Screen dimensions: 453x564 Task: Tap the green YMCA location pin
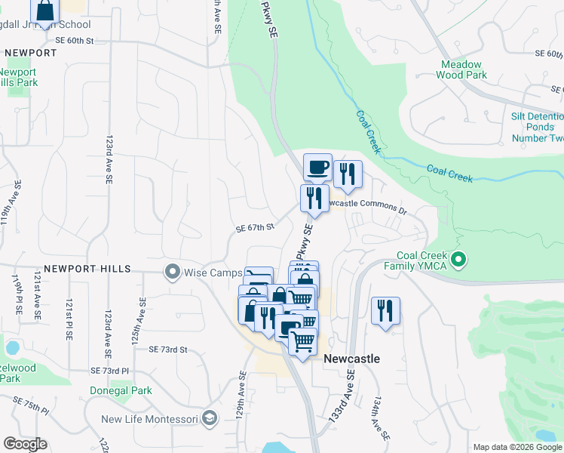(458, 260)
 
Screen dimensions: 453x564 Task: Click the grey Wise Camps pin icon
(173, 271)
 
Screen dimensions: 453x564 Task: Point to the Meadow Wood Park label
(461, 69)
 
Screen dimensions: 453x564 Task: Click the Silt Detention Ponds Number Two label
(537, 127)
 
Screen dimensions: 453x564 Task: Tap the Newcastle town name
(351, 359)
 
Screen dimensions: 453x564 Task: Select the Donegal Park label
(121, 390)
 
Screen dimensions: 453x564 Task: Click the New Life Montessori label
(149, 419)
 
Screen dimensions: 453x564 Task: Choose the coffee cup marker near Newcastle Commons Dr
(317, 168)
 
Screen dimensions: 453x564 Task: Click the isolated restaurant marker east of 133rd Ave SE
(385, 310)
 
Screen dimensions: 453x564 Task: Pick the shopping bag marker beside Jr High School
(45, 10)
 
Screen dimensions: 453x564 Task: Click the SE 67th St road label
(254, 227)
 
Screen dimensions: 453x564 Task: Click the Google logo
(25, 444)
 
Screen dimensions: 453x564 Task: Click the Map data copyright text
(516, 448)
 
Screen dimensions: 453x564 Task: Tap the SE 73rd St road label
(167, 350)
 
